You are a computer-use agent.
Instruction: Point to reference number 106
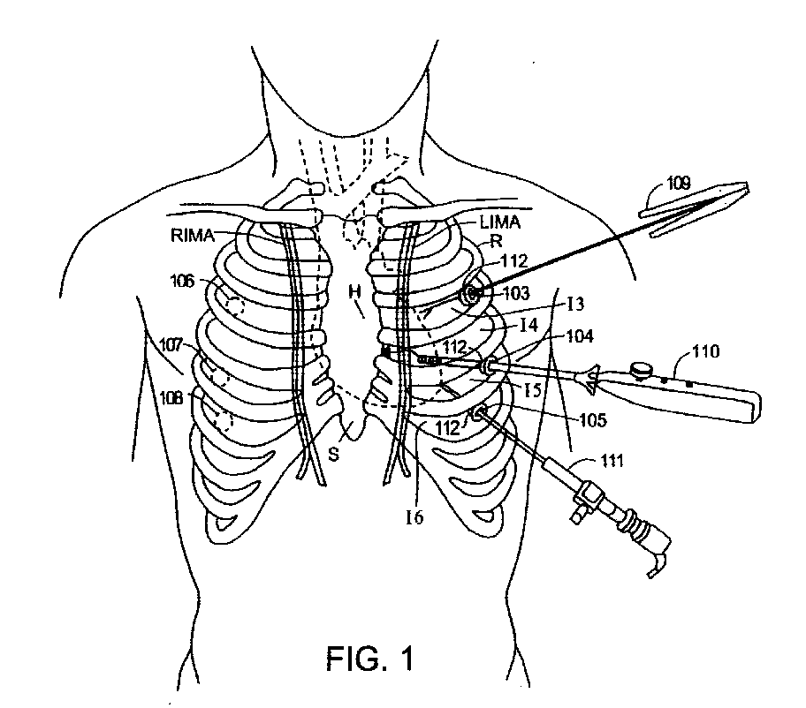pyautogui.click(x=185, y=282)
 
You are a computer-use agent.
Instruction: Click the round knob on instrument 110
pyautogui.click(x=640, y=368)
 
